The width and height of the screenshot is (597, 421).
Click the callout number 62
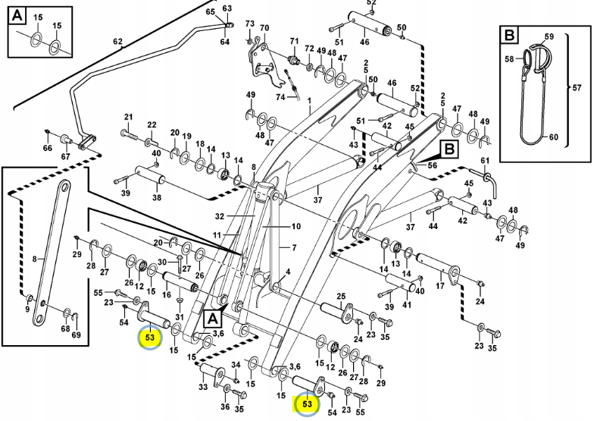(117, 41)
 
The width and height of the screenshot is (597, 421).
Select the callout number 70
(264, 29)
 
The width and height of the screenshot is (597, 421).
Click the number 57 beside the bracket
(577, 88)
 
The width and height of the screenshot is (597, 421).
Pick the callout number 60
(552, 137)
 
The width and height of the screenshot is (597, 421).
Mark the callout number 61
(486, 161)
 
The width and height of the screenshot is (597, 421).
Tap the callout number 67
(66, 157)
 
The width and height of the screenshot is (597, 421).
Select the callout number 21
(128, 117)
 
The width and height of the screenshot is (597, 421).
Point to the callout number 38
(157, 198)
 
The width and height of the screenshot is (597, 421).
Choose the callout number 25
(341, 296)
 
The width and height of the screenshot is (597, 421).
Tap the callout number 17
(439, 287)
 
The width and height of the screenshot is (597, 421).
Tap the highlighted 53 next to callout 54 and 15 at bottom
(307, 404)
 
